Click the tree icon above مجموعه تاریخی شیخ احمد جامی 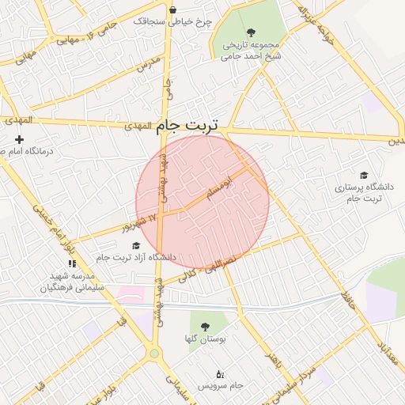251,32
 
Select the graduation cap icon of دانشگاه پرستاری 364,176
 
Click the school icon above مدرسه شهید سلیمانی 72,263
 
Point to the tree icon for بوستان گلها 206,326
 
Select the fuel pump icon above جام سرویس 220,373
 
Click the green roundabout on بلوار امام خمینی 153,354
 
